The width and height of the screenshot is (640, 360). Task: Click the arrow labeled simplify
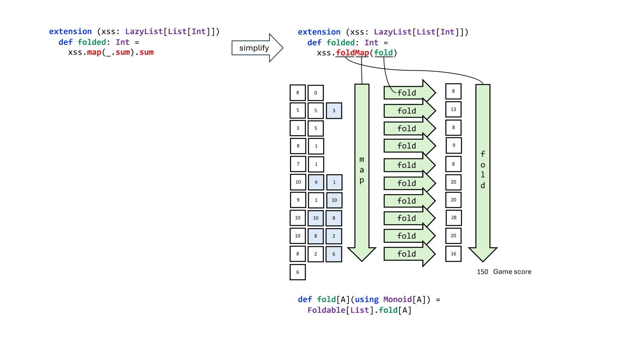(x=257, y=48)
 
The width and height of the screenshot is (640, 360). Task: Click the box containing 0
(x=316, y=93)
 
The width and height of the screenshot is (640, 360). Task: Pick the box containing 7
(x=298, y=164)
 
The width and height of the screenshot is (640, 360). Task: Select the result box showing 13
(x=453, y=109)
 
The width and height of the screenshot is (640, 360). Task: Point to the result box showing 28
(x=454, y=217)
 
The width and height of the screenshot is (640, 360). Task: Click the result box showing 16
(x=453, y=254)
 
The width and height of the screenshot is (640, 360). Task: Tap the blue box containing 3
(x=334, y=110)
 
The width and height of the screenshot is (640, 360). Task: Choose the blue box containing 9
(x=316, y=182)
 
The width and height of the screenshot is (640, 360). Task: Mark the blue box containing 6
(x=334, y=254)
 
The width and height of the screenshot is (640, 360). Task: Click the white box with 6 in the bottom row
(x=298, y=272)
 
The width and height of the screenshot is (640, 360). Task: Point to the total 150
(x=483, y=272)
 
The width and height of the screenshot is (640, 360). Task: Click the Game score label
(x=512, y=272)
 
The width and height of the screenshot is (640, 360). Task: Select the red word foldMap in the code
(x=352, y=53)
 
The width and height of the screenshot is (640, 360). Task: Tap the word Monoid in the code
(x=398, y=299)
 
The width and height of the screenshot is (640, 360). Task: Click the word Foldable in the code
(x=327, y=310)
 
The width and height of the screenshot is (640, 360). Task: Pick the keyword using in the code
(x=367, y=299)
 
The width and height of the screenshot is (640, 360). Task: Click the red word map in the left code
(x=94, y=53)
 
